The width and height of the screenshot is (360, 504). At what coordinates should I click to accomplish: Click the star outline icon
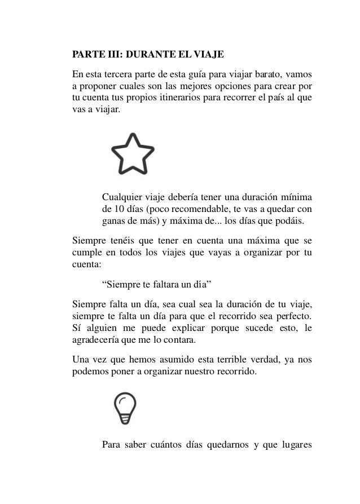133,153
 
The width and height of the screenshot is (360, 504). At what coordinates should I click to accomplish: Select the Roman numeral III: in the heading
111,56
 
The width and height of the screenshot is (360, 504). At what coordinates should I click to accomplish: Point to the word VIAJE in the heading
209,56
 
